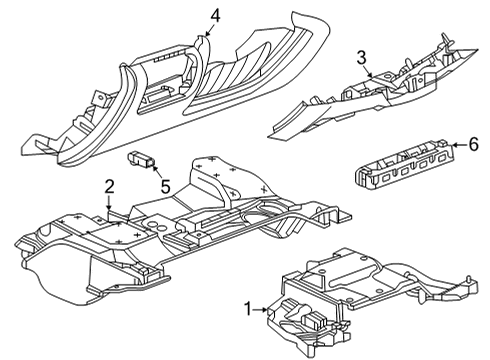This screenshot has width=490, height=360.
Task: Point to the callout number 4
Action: click(213, 13)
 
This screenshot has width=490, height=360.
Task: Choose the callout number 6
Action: click(473, 144)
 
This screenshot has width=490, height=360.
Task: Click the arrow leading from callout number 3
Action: click(370, 71)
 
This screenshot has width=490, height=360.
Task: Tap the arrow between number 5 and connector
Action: click(157, 171)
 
